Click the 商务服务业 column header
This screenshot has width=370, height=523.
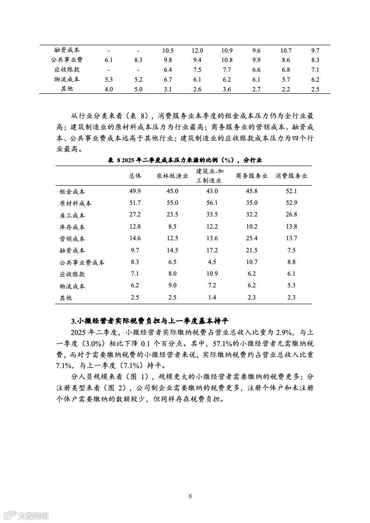tap(251, 176)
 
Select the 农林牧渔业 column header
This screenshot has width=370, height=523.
tap(172, 176)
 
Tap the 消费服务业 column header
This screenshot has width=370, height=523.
tap(291, 176)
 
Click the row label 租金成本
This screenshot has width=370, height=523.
tap(72, 191)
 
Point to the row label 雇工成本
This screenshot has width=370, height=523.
tap(72, 215)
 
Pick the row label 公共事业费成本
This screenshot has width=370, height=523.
tap(82, 263)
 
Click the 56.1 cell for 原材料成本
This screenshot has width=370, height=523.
tap(212, 203)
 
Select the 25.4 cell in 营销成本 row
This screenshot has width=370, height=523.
tap(251, 238)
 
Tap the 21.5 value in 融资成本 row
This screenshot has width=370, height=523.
tap(251, 251)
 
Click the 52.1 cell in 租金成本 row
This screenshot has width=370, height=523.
tap(292, 191)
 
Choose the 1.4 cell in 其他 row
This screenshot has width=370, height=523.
tap(212, 298)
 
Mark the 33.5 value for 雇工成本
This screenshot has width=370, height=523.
tap(212, 215)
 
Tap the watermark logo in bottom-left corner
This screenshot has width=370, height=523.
tap(26, 515)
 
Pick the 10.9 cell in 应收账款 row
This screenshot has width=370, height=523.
tap(212, 274)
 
